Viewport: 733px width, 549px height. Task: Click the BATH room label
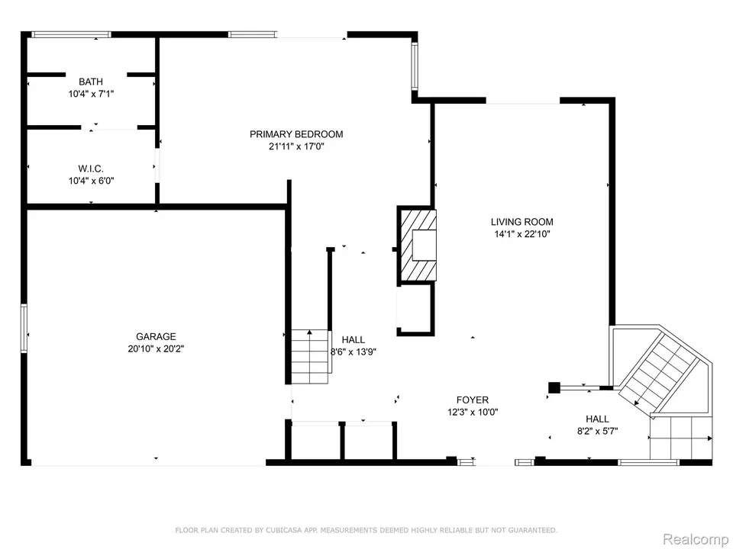(x=91, y=82)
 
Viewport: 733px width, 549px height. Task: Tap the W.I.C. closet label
(x=91, y=169)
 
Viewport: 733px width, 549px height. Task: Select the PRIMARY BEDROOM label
(x=296, y=134)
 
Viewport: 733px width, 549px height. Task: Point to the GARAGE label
(x=156, y=336)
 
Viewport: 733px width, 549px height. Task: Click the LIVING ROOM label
(x=522, y=222)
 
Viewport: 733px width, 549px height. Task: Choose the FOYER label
(x=473, y=400)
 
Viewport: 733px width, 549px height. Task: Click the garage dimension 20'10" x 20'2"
(x=156, y=348)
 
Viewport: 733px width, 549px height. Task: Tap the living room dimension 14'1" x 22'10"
(x=522, y=234)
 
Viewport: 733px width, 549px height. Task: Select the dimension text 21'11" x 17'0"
(x=296, y=146)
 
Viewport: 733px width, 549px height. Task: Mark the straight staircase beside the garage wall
(x=310, y=356)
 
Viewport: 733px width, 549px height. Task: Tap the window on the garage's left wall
(x=24, y=328)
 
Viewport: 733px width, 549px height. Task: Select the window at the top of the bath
(x=71, y=34)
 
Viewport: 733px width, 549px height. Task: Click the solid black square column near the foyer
(x=554, y=387)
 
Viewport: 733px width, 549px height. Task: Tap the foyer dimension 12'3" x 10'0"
(x=473, y=413)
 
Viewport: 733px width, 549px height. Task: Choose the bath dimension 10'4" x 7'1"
(x=91, y=94)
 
